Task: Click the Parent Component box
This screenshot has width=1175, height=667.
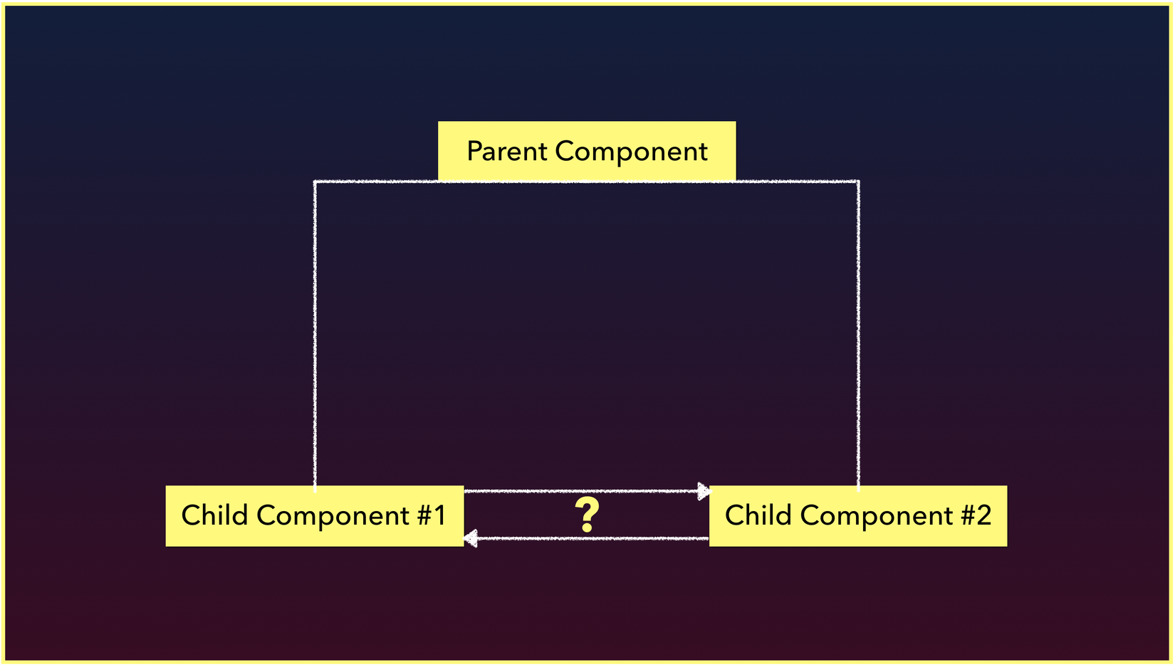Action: click(x=587, y=151)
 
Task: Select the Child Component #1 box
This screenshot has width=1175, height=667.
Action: click(x=315, y=516)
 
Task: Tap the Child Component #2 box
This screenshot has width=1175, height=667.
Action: click(x=858, y=516)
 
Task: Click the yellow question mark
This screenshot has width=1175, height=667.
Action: click(x=587, y=515)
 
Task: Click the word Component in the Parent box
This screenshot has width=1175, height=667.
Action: click(x=632, y=152)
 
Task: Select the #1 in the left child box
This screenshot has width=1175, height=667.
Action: click(x=432, y=515)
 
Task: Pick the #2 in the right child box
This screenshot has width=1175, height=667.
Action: click(x=976, y=515)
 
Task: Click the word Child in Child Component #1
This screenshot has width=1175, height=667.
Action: click(x=214, y=515)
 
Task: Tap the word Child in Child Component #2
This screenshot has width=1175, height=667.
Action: click(x=758, y=515)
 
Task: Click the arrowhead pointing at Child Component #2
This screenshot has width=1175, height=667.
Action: click(x=704, y=491)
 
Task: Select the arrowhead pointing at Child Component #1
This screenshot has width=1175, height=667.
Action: click(x=471, y=539)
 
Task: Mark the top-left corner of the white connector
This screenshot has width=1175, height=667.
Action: click(x=315, y=182)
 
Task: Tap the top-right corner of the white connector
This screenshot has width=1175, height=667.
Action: click(x=858, y=182)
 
